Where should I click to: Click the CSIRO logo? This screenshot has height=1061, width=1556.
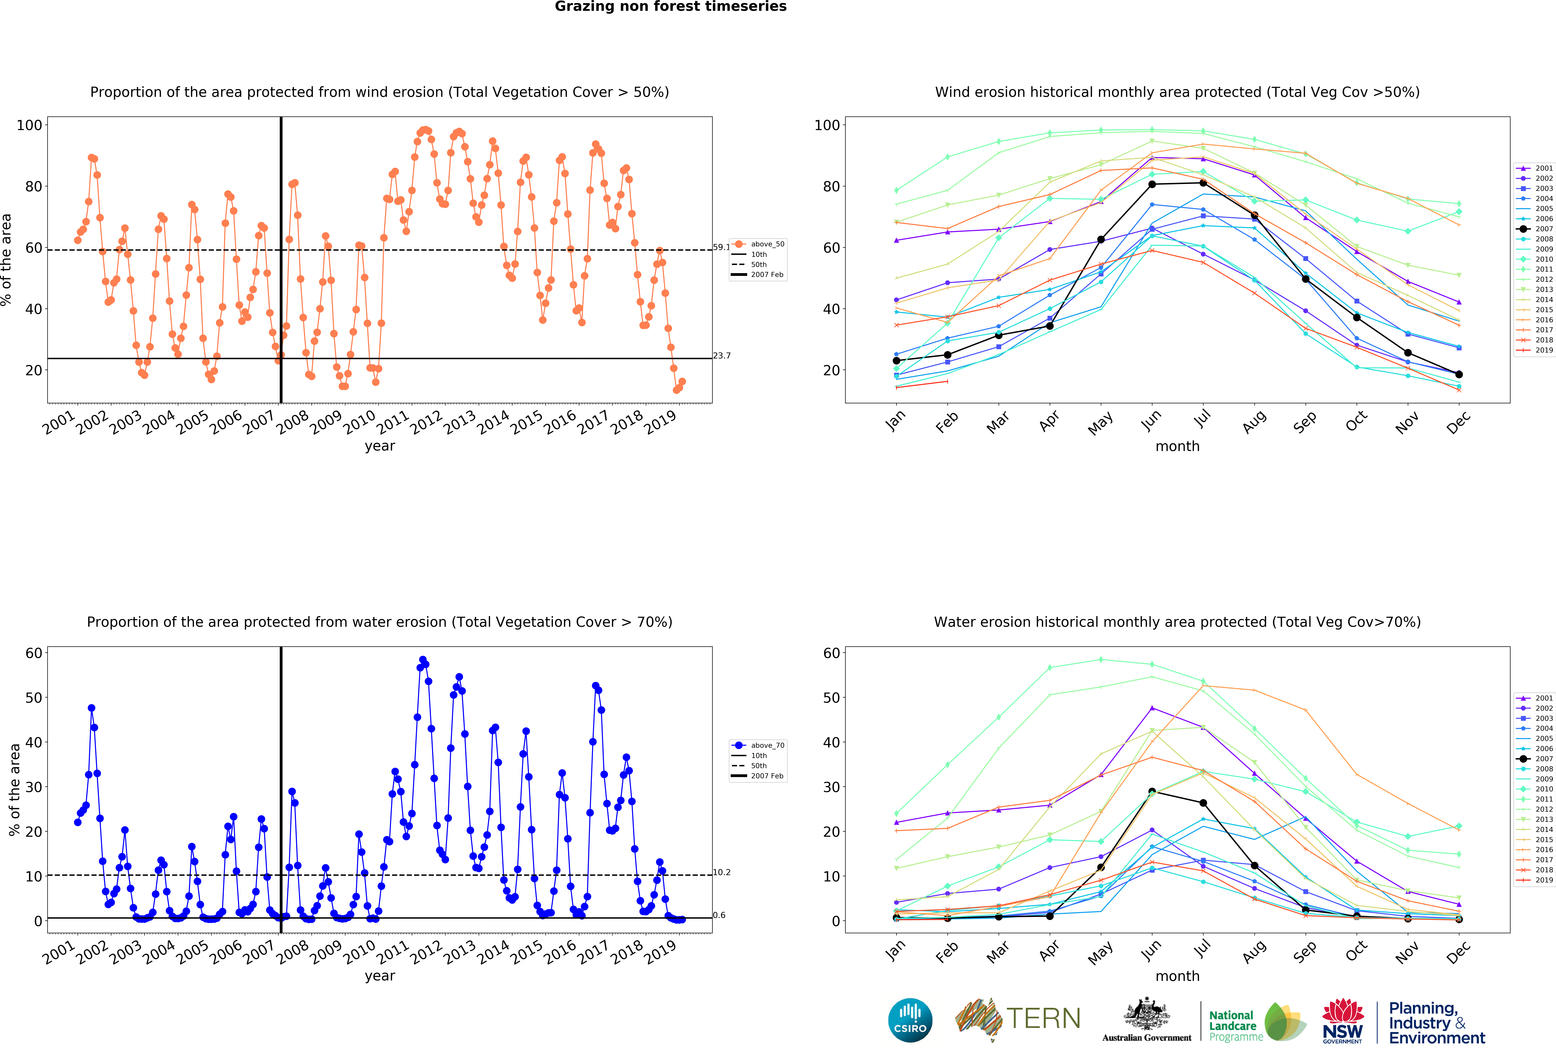(x=910, y=1020)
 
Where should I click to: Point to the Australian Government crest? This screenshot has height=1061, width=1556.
(x=1147, y=1015)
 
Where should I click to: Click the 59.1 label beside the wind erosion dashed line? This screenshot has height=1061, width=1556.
(x=721, y=247)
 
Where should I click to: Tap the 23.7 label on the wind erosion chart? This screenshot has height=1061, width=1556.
(x=722, y=356)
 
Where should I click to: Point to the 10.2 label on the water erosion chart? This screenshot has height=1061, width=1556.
(x=722, y=872)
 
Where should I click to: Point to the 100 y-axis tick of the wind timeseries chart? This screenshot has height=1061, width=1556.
(x=29, y=125)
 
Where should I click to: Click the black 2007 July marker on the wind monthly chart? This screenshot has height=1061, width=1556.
(x=1203, y=183)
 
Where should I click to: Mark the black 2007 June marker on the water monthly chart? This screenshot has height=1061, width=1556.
(x=1152, y=792)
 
